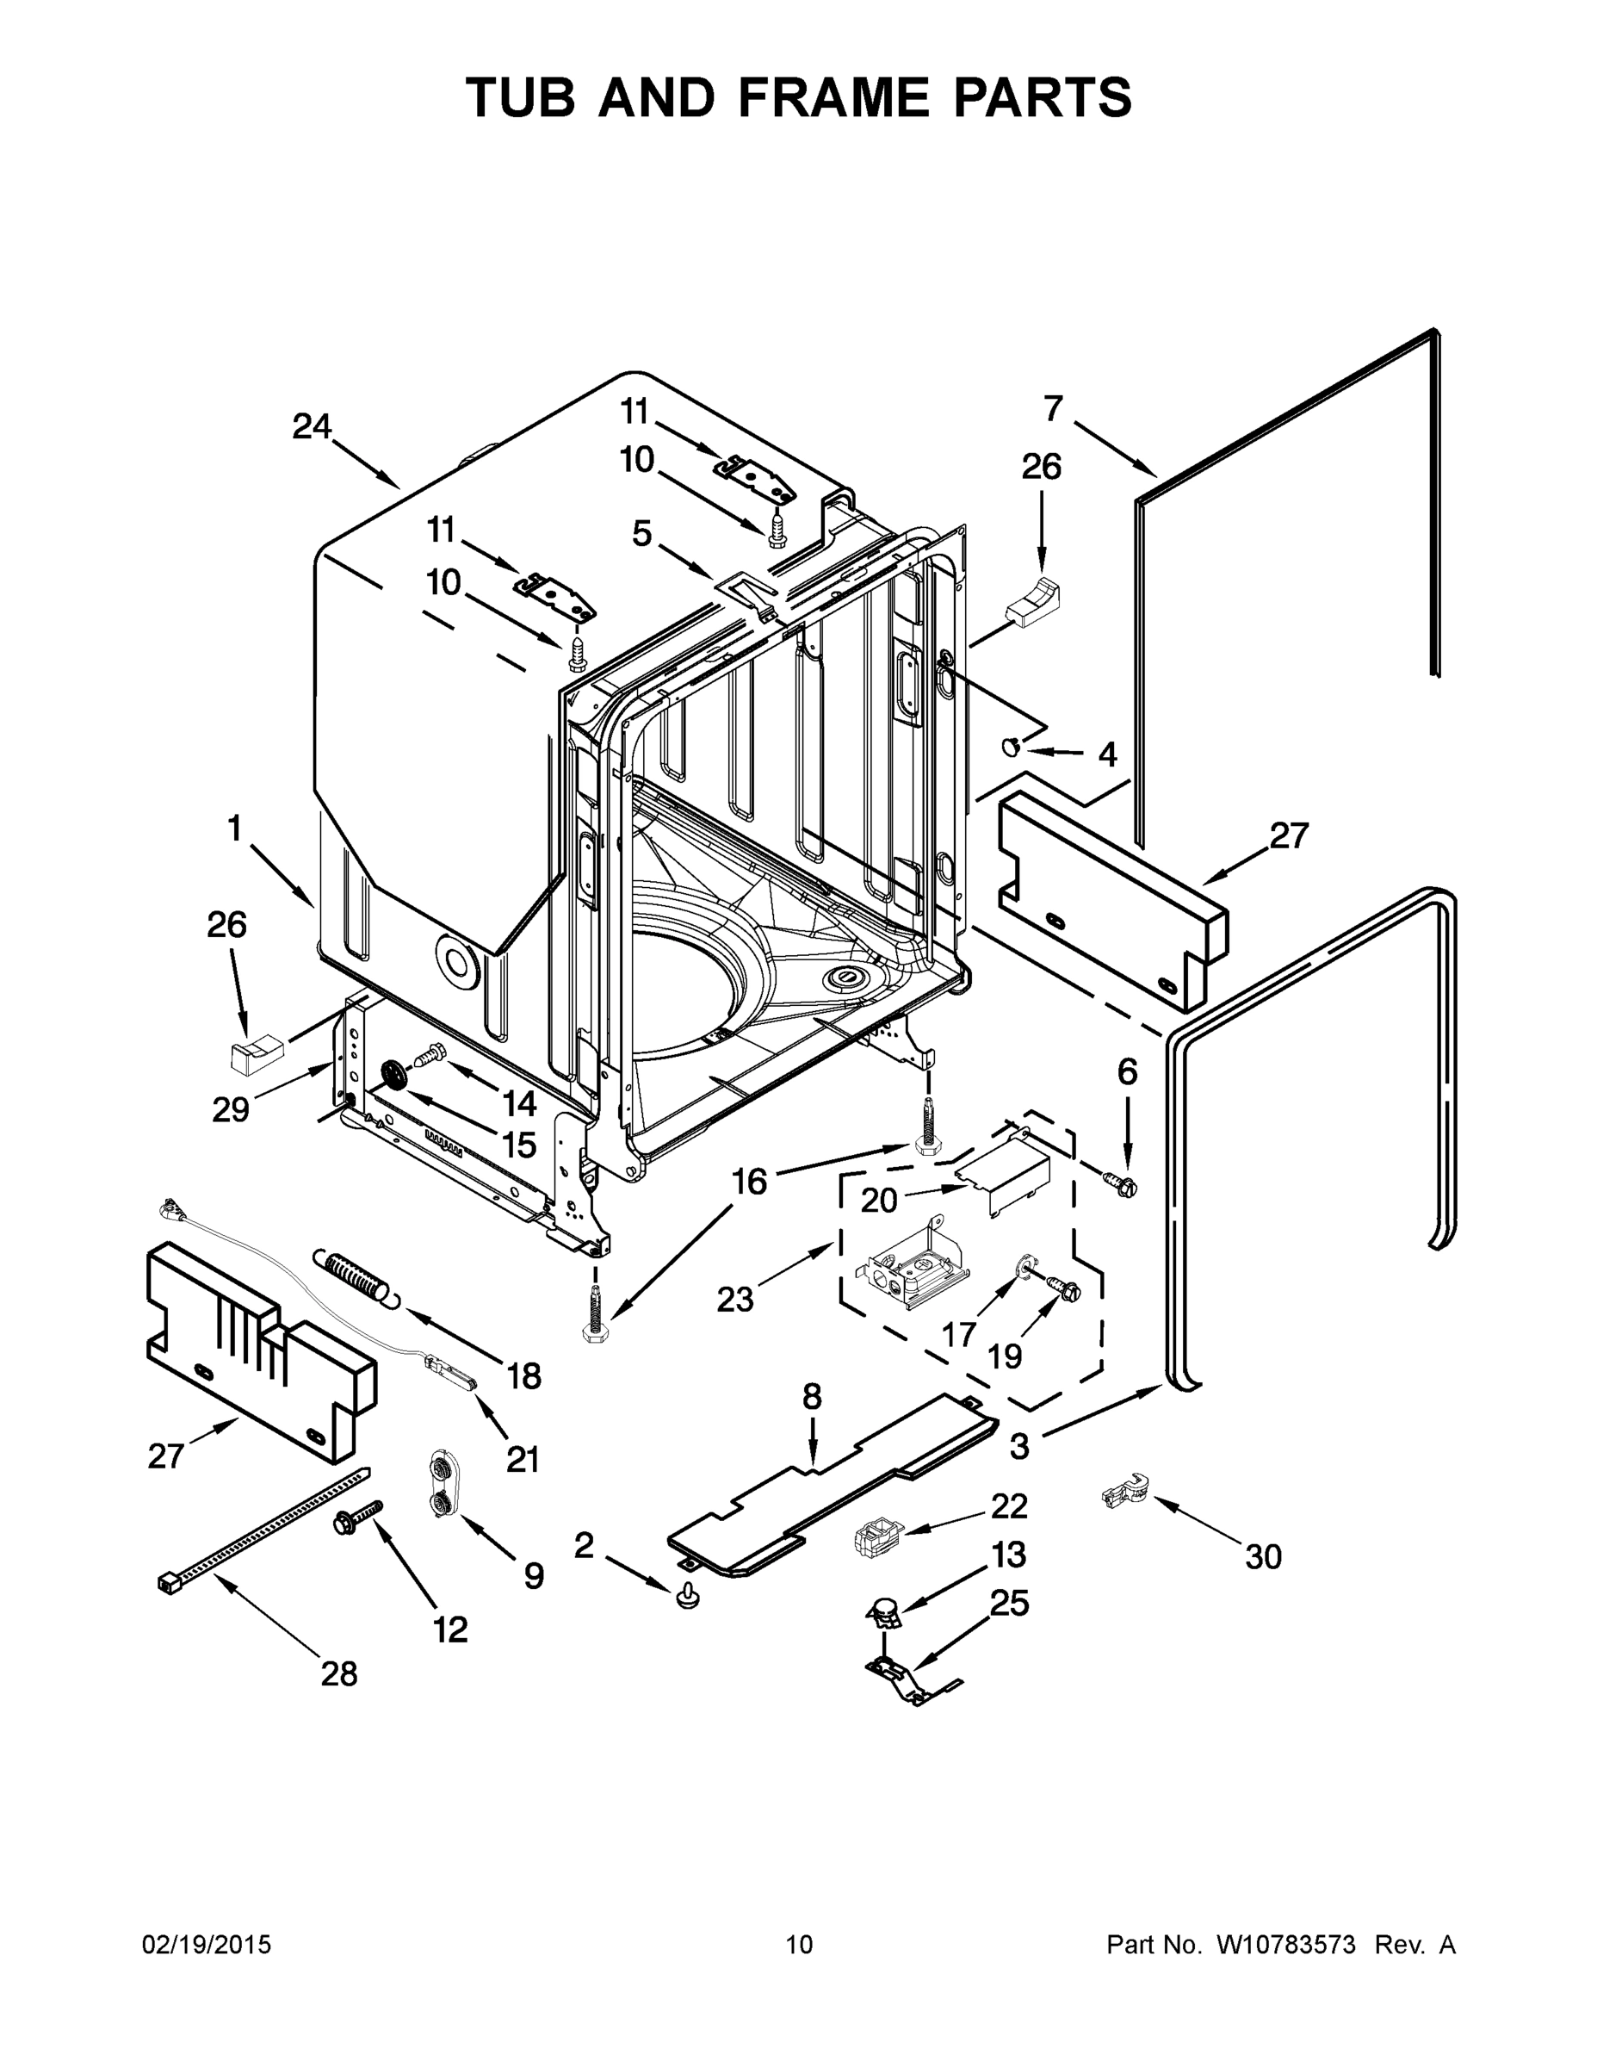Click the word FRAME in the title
[820, 97]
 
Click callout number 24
[312, 427]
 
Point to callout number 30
[1263, 1556]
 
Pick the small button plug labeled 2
[689, 1598]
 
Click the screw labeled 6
[1122, 1183]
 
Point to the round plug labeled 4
[1012, 748]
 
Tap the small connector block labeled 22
[876, 1536]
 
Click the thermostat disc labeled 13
[886, 1610]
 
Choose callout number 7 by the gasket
[1053, 409]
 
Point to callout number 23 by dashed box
[734, 1299]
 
